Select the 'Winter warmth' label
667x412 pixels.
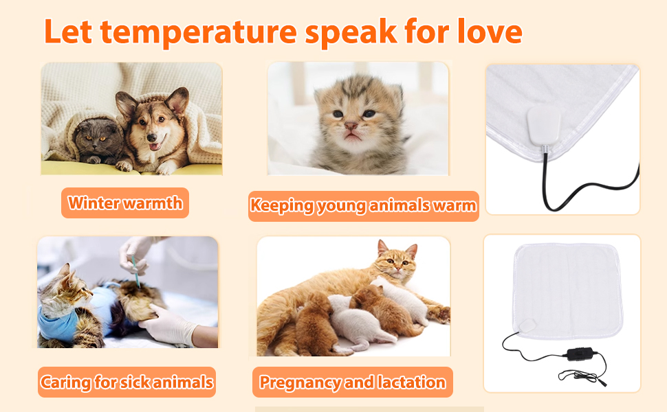pos(125,203)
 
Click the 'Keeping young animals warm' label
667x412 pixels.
pos(363,205)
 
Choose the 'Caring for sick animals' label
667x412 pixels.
pos(127,382)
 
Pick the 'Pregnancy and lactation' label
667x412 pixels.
pos(353,382)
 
